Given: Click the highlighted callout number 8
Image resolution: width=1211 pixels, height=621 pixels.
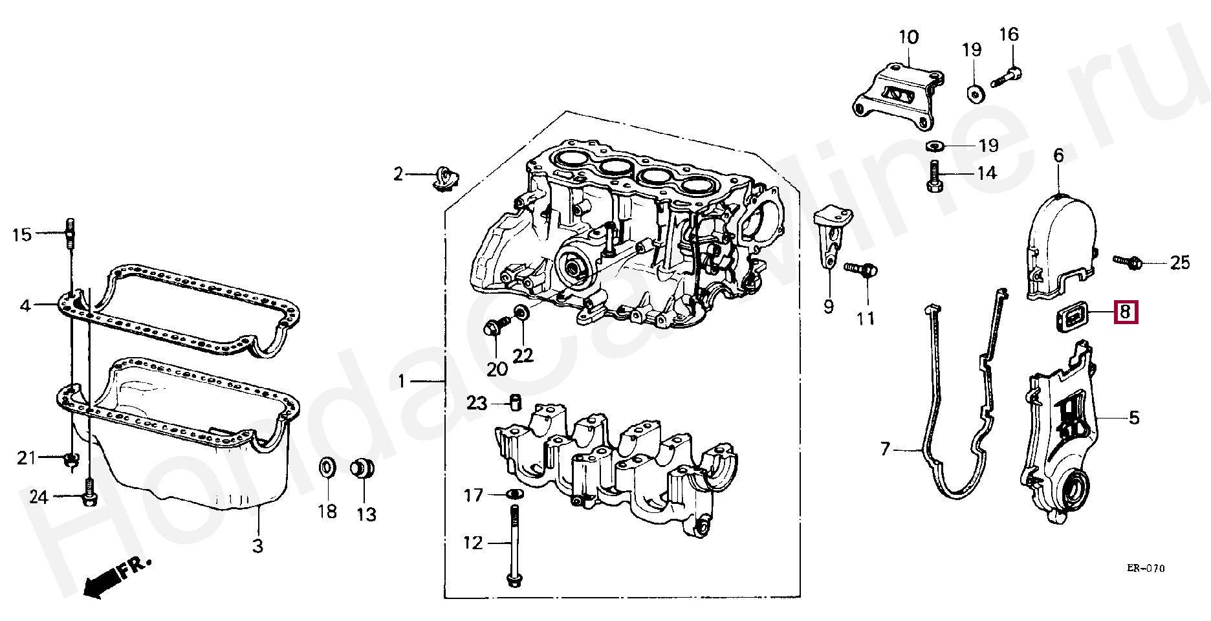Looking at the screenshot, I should pos(1124,313).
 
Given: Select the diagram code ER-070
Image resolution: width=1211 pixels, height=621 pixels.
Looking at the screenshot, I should pos(1145,569).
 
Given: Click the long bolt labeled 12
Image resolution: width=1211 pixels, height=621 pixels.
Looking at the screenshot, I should pos(513,547).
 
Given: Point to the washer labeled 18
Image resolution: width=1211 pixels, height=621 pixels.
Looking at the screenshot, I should pos(327,468).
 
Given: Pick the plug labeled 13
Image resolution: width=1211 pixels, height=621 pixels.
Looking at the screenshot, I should pos(363,468).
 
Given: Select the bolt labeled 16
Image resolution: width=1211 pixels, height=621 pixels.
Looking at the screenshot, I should pos(1005,78).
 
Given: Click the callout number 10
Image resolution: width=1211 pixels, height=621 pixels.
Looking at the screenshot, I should pos(908,37).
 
